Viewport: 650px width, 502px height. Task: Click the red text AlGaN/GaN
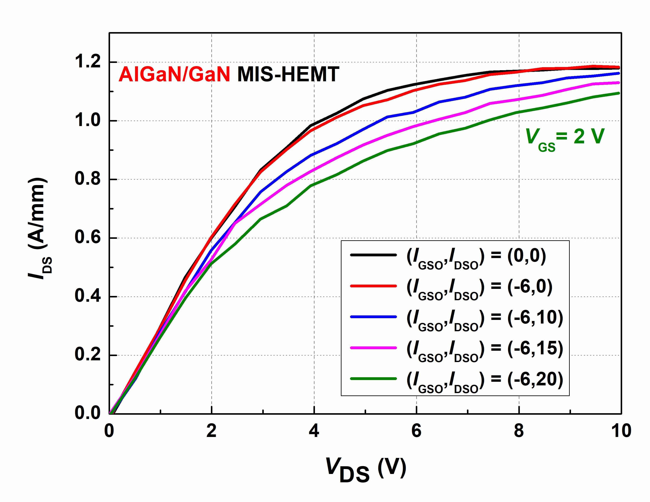[x=174, y=74]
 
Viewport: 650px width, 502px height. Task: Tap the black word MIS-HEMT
[x=288, y=74]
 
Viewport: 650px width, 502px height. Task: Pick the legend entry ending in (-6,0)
[x=479, y=288]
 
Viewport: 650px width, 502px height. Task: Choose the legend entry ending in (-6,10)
[x=485, y=319]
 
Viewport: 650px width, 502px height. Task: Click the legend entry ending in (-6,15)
[x=485, y=350]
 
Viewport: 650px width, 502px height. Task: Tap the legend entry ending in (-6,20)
[x=485, y=381]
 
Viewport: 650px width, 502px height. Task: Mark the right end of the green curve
[x=619, y=93]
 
